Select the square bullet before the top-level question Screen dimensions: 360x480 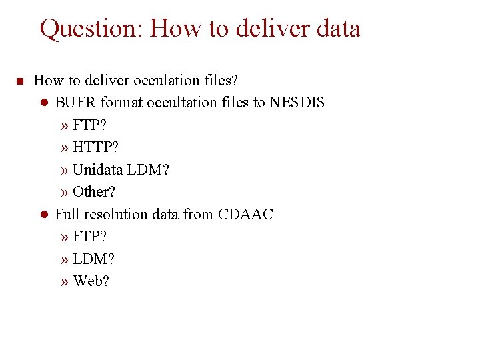19,81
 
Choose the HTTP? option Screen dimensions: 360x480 96,147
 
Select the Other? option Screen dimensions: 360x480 94,192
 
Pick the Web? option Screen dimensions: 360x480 91,281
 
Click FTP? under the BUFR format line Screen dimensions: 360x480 90,125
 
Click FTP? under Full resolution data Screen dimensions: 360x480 90,237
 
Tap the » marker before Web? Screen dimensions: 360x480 64,281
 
